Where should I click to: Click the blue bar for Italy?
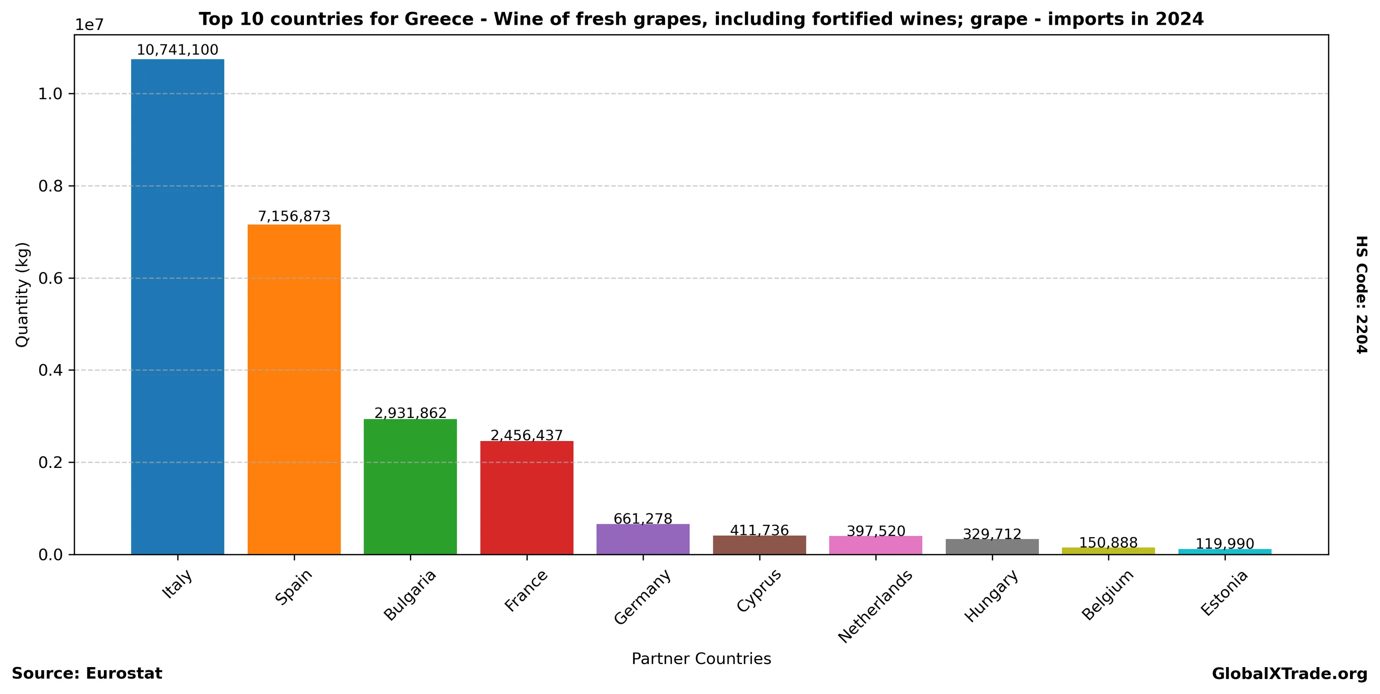coord(177,306)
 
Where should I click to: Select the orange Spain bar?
coord(294,389)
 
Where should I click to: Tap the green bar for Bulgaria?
coord(410,486)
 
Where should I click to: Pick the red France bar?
coord(527,497)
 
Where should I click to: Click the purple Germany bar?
coord(643,539)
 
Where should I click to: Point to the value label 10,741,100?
coord(177,50)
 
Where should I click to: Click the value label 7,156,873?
coord(294,216)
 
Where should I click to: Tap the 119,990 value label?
coord(1224,544)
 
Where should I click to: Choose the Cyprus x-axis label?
coord(759,591)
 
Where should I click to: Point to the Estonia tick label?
coord(1224,593)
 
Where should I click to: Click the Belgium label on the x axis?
coord(1107,595)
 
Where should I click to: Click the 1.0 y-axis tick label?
coord(50,94)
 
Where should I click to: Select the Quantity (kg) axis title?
coord(22,294)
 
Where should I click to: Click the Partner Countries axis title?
coord(701,659)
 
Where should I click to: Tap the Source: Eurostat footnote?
coord(87,673)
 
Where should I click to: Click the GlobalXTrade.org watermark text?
coord(1289,674)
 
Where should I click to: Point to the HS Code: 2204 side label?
coord(1361,294)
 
